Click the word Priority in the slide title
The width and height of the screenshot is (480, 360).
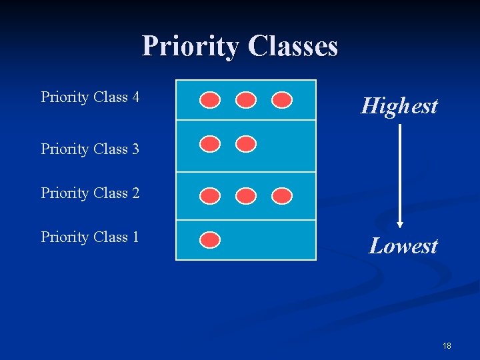[x=191, y=47]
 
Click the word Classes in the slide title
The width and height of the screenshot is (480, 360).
[x=293, y=47]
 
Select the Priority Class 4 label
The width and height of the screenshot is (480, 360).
[x=90, y=97]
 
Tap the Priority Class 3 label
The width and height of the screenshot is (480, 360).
[x=90, y=149]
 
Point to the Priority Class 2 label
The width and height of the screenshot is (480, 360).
[x=90, y=193]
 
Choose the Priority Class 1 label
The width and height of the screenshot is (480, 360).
[x=90, y=237]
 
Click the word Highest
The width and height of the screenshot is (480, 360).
[x=399, y=106]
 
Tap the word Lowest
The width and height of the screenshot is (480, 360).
[x=403, y=246]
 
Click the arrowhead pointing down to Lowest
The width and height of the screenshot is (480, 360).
[x=400, y=223]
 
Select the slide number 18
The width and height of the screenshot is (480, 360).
[x=447, y=345]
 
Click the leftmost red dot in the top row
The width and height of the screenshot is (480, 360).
[x=211, y=100]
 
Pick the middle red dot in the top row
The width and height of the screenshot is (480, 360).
[x=247, y=100]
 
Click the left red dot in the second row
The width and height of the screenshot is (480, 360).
[x=211, y=144]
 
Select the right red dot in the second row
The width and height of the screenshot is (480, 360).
[x=247, y=144]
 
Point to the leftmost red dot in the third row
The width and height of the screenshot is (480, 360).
[x=211, y=195]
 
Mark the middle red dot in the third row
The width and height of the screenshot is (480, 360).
[x=247, y=195]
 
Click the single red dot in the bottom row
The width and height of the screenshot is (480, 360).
[x=211, y=239]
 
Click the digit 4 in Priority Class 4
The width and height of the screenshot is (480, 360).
[x=135, y=97]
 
